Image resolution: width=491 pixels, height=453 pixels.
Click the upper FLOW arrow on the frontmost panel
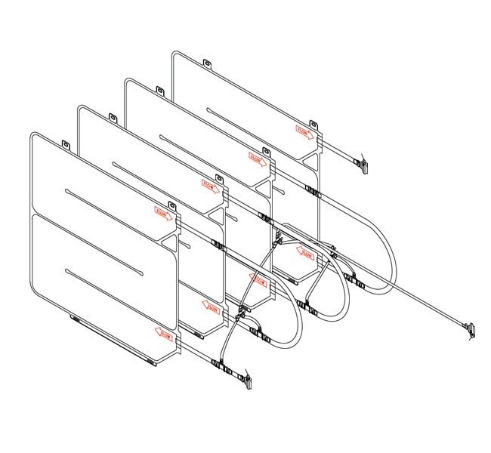[x=163, y=214]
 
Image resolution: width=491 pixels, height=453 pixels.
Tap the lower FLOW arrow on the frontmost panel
[x=163, y=331]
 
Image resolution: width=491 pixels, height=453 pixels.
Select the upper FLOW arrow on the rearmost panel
[x=304, y=131]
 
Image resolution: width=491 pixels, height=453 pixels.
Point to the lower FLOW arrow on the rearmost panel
[x=305, y=254]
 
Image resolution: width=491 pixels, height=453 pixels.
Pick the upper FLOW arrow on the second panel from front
[x=210, y=186]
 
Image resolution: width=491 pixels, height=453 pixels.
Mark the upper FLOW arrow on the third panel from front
[x=257, y=157]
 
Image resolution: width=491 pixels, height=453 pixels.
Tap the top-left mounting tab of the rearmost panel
[x=207, y=63]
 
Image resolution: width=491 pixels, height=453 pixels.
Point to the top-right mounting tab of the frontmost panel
[x=172, y=205]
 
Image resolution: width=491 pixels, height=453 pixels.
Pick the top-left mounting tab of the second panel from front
[x=113, y=118]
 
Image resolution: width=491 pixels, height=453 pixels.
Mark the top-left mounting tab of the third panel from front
[x=160, y=91]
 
